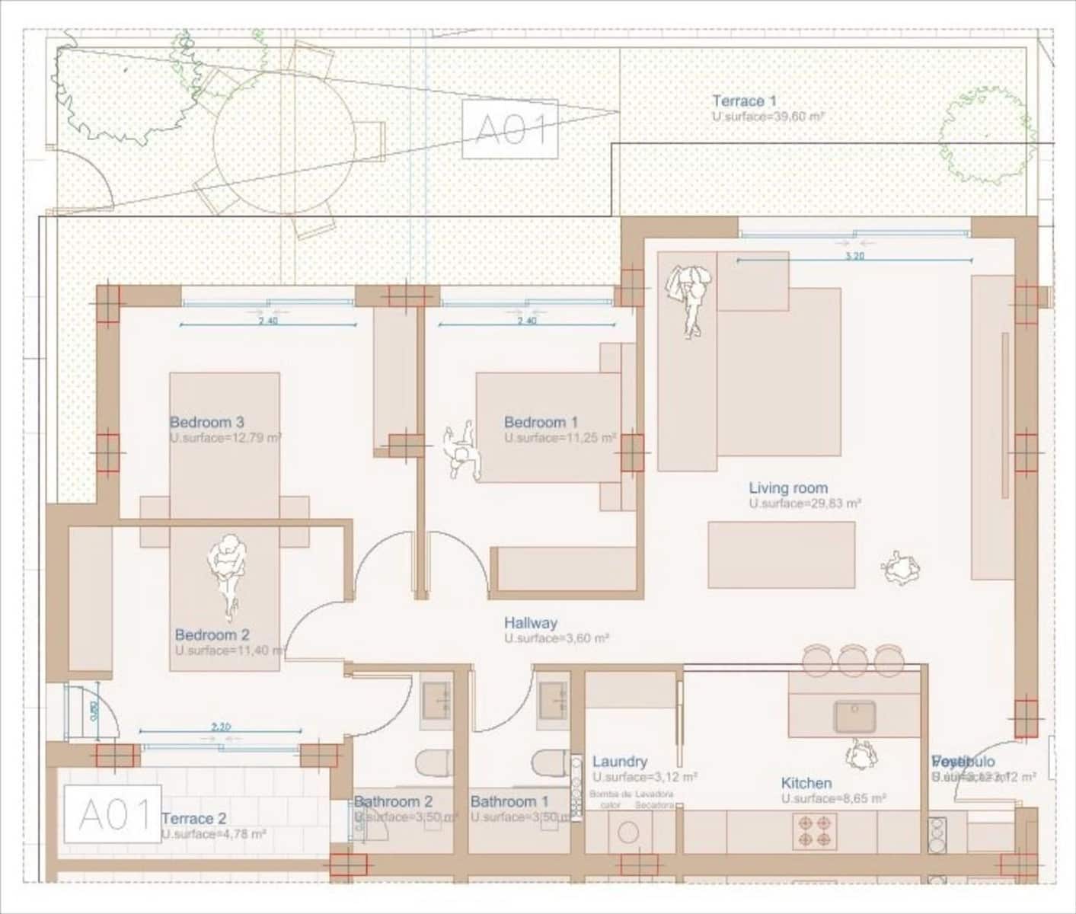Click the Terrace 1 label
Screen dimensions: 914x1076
click(x=744, y=101)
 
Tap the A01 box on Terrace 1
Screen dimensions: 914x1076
click(x=509, y=129)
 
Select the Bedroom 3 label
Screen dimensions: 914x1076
click(x=206, y=422)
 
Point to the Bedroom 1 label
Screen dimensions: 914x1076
click(x=541, y=422)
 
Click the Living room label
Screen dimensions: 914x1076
click(x=787, y=488)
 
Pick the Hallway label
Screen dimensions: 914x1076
click(x=530, y=623)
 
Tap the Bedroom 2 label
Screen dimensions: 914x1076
click(x=212, y=634)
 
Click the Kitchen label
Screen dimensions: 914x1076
click(x=806, y=783)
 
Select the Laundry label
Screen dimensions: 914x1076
click(x=619, y=761)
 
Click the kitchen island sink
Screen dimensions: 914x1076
click(x=854, y=717)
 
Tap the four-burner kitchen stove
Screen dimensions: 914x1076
click(x=814, y=831)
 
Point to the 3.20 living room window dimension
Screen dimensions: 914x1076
click(x=854, y=256)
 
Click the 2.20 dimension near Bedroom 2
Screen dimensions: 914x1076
click(x=220, y=727)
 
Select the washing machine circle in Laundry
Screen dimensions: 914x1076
click(x=627, y=833)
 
